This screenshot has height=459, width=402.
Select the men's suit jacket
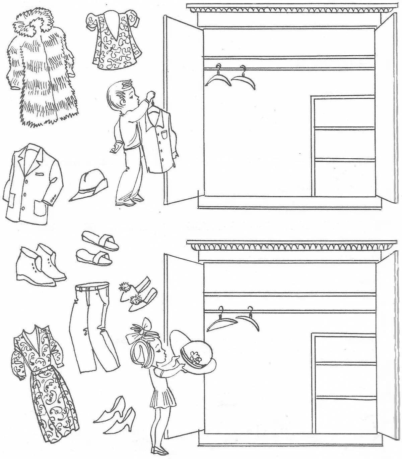point(33,185)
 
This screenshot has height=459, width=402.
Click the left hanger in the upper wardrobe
point(218,79)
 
